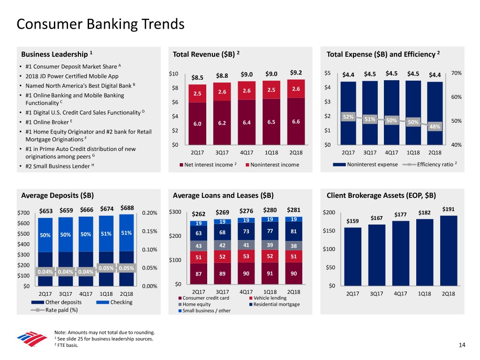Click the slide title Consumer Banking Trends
click(100, 23)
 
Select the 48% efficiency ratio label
click(435, 127)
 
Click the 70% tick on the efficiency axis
click(456, 73)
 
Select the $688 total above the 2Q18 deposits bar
click(127, 208)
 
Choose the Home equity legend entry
click(195, 304)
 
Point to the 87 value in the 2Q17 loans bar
click(199, 274)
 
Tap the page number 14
click(462, 345)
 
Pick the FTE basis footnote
click(67, 345)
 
